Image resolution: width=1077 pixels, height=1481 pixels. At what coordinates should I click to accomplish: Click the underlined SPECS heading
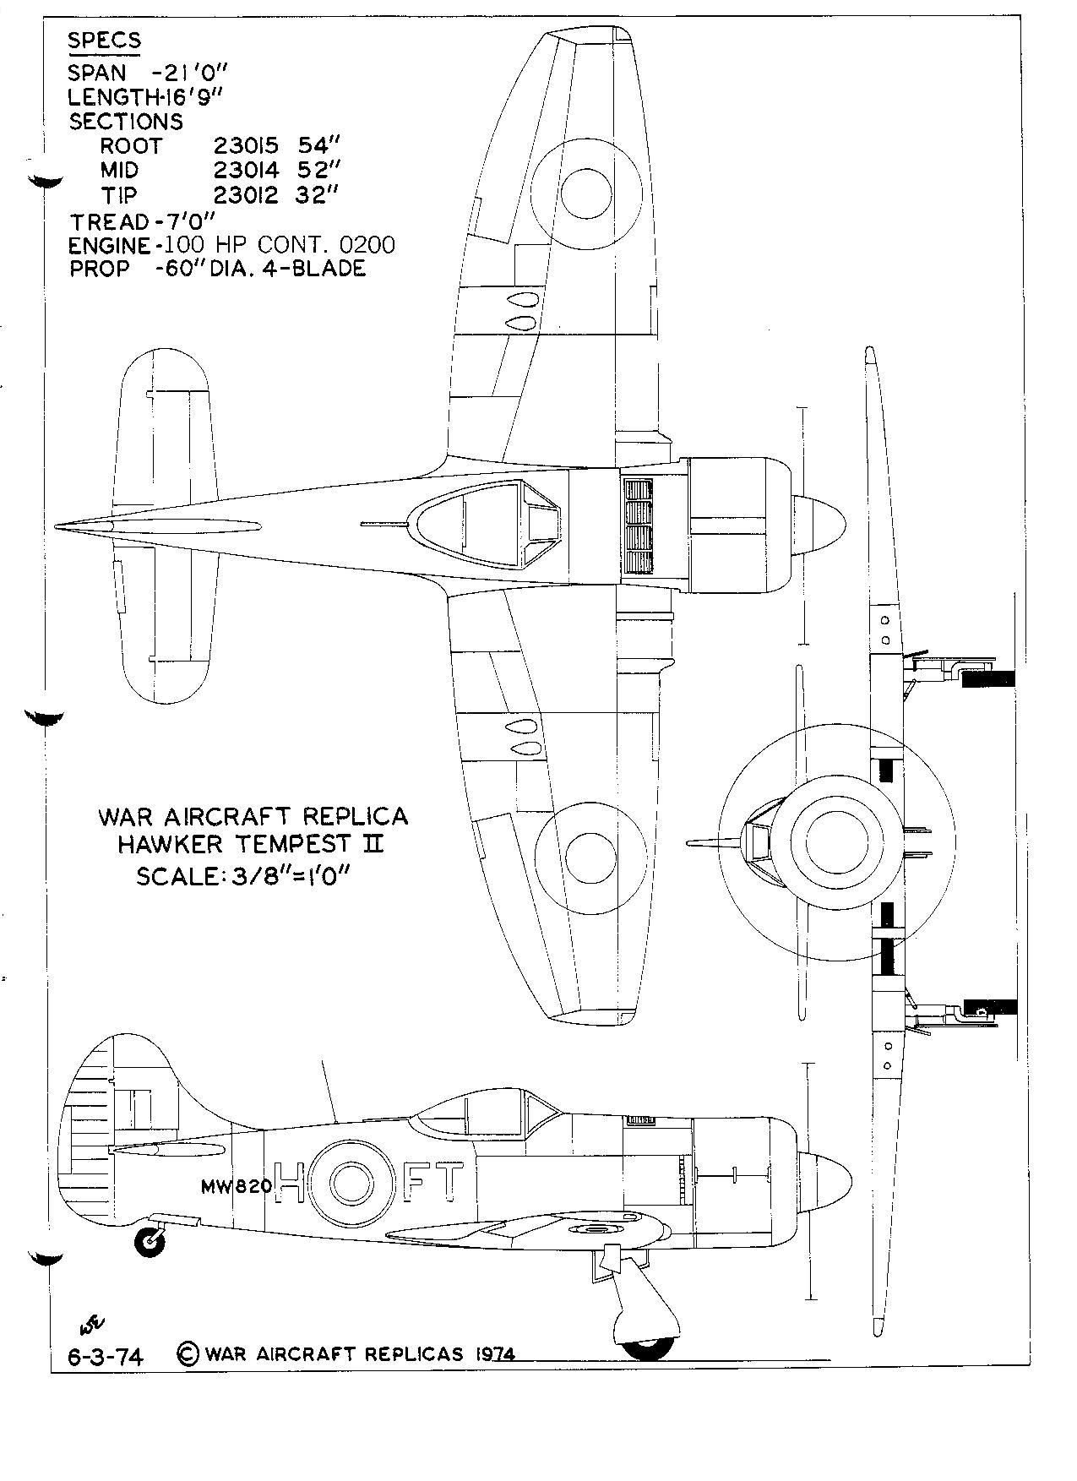(x=105, y=40)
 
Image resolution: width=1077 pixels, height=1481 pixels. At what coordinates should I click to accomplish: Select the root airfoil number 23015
(x=245, y=145)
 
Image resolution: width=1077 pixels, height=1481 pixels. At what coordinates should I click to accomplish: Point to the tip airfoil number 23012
(x=245, y=195)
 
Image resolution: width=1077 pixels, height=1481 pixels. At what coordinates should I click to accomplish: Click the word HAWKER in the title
(x=174, y=843)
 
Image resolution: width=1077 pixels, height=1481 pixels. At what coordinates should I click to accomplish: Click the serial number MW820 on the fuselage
(x=237, y=1185)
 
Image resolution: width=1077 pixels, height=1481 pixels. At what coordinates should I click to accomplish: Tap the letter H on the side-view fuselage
(x=291, y=1183)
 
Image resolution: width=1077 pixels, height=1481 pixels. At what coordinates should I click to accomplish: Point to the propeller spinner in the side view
(x=824, y=1180)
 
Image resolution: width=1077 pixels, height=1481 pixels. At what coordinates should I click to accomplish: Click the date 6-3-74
(x=105, y=1357)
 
